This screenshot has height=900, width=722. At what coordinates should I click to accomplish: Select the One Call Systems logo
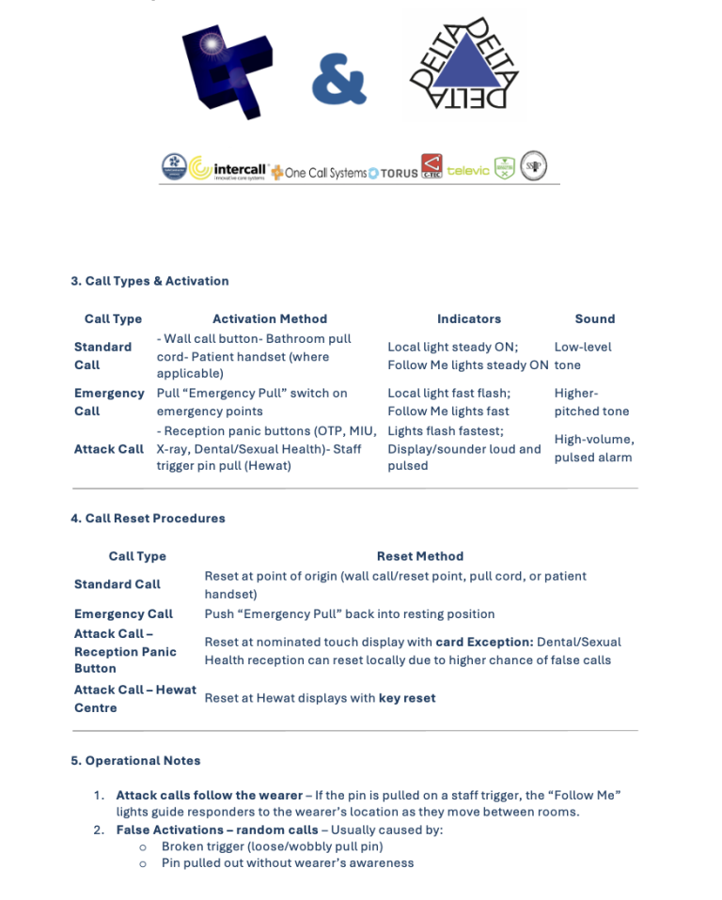click(x=319, y=173)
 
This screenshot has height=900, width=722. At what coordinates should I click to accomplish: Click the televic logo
click(x=468, y=170)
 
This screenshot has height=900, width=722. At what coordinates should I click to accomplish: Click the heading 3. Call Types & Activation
click(x=149, y=281)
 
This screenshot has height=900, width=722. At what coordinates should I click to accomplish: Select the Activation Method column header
click(x=270, y=318)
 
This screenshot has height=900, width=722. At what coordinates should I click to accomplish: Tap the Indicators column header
click(x=468, y=318)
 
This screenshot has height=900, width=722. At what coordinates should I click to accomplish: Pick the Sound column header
click(x=594, y=318)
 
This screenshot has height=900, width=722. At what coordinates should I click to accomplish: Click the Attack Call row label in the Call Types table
click(x=109, y=449)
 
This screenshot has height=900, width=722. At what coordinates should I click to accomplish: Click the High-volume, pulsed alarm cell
click(x=593, y=448)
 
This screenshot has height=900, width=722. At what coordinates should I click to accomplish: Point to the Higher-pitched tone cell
click(x=591, y=402)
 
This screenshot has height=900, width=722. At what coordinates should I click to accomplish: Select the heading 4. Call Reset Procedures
click(x=148, y=518)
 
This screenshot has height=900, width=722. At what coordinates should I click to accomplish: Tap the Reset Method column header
click(x=419, y=556)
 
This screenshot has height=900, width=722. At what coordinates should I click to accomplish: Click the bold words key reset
click(x=407, y=698)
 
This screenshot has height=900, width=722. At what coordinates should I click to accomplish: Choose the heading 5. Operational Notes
click(x=135, y=760)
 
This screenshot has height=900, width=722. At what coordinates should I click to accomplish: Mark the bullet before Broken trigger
click(x=143, y=846)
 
